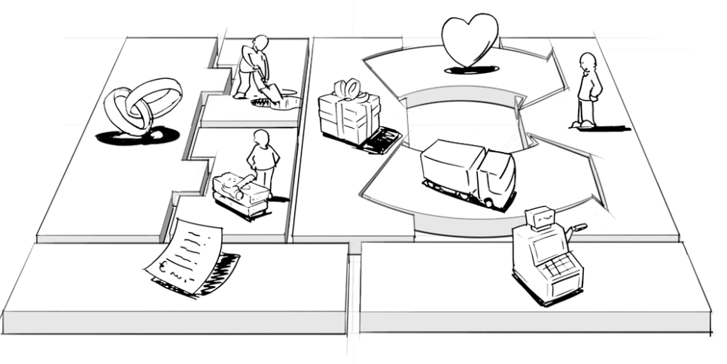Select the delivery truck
[467, 171]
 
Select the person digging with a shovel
[252, 69]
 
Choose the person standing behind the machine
[262, 162]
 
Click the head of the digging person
[260, 42]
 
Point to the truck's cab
[497, 177]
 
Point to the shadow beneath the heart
[470, 70]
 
